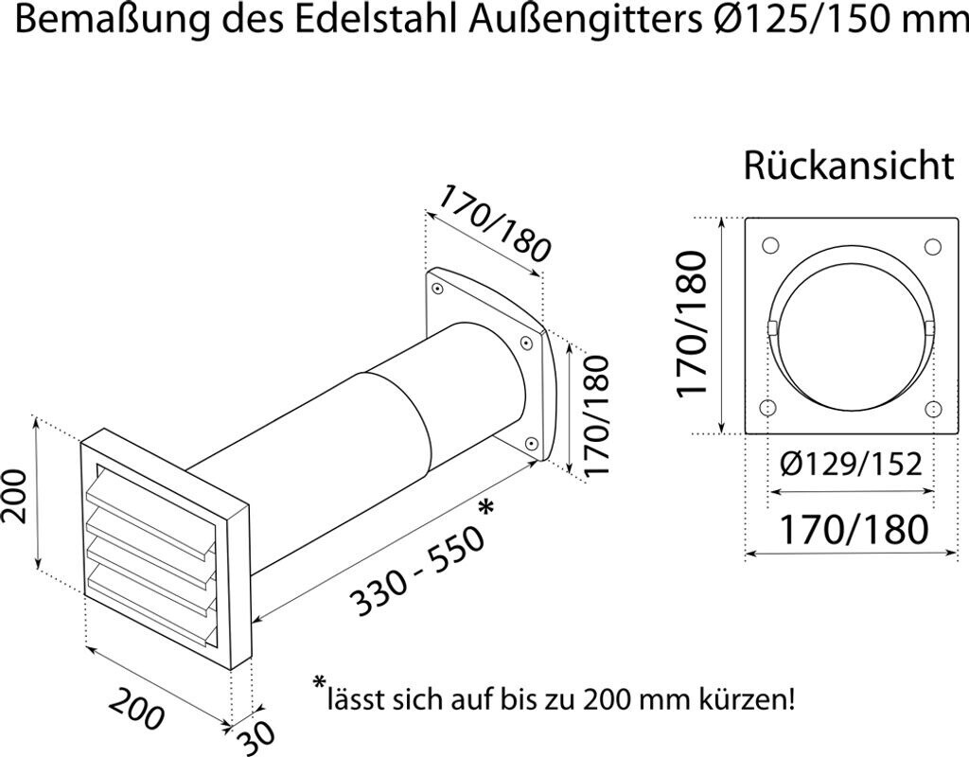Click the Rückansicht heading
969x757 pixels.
click(x=848, y=167)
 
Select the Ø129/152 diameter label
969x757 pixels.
click(x=851, y=466)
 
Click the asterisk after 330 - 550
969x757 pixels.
click(x=486, y=508)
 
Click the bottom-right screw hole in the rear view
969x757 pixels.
click(x=933, y=410)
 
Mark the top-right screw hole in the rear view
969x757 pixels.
click(x=933, y=245)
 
